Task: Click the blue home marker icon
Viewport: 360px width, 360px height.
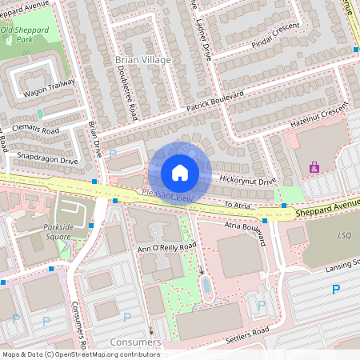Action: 180,173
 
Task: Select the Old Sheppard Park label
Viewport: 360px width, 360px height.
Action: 28,34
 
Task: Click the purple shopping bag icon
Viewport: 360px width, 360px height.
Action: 314,167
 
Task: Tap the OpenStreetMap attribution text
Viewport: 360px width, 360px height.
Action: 82,354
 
